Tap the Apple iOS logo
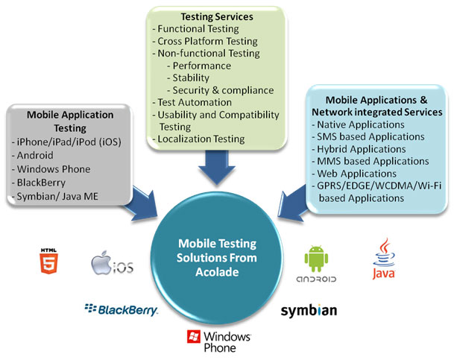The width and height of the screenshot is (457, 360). (x=112, y=265)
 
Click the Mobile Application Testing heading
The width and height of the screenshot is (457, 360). (x=70, y=121)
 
